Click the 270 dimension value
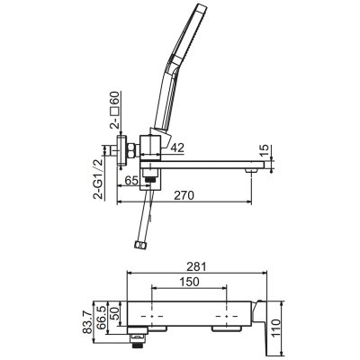(185, 195)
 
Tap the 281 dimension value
(196, 266)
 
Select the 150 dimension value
(189, 282)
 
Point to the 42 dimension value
(177, 148)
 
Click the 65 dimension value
(131, 180)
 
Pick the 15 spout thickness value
(265, 150)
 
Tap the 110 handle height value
(276, 328)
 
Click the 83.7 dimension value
(88, 322)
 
